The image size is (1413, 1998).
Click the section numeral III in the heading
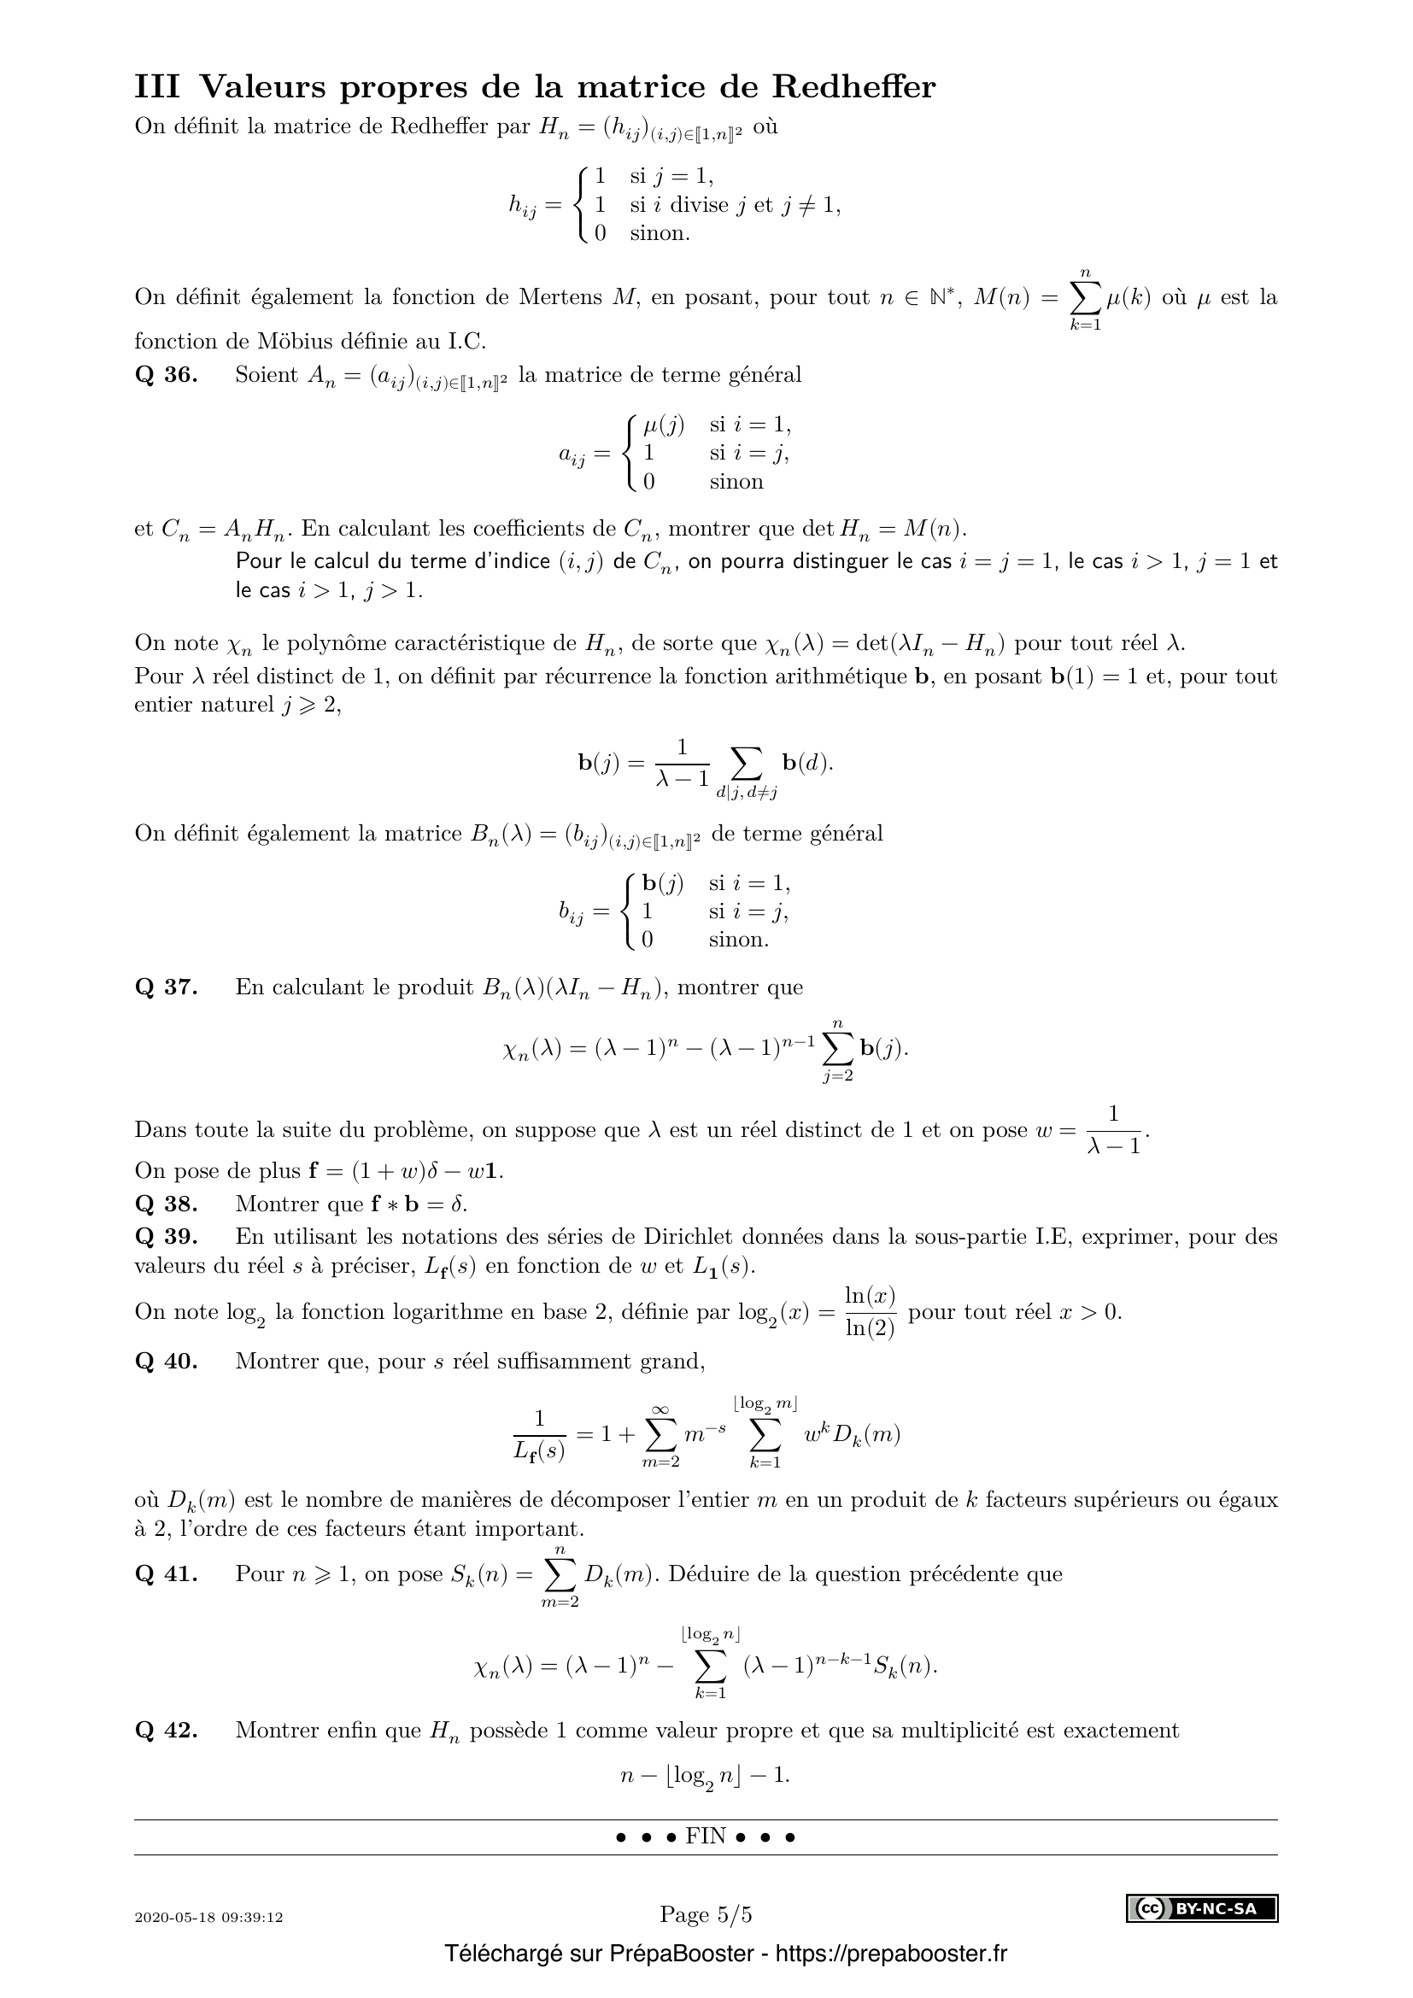157,88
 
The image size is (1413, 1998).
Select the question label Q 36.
167,375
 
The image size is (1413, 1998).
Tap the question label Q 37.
167,987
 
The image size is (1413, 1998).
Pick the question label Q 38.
167,1204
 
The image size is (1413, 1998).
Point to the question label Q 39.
167,1236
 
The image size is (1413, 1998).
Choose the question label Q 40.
167,1360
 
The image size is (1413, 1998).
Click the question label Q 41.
167,1573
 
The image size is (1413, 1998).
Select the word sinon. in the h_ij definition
660,233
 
